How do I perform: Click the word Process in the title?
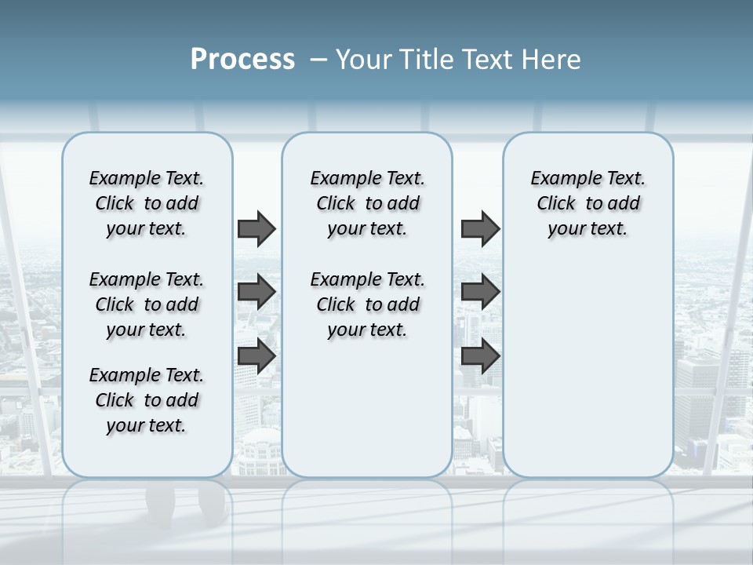(242, 60)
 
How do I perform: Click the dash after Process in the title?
(318, 60)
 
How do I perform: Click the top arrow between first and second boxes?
(256, 228)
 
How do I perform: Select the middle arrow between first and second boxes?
(256, 292)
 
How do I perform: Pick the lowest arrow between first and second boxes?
(256, 355)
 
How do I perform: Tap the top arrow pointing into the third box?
(480, 228)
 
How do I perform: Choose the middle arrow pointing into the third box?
(480, 292)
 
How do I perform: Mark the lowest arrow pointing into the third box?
(480, 355)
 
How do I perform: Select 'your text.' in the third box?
(587, 228)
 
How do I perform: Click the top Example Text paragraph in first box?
(147, 203)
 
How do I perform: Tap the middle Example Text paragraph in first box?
(147, 304)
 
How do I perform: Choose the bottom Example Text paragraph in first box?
(147, 400)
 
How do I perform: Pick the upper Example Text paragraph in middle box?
(367, 203)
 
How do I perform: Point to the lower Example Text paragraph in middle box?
(367, 304)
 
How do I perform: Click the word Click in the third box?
(556, 203)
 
